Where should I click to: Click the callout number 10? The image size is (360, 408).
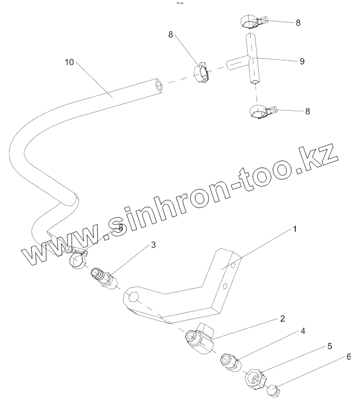(69, 62)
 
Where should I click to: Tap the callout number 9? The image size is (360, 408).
(302, 61)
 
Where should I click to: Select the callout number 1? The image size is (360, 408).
(295, 229)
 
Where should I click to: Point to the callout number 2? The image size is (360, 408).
(283, 318)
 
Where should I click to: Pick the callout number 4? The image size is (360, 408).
(303, 331)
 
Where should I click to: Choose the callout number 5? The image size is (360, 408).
(329, 346)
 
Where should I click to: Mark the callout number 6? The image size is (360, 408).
(348, 357)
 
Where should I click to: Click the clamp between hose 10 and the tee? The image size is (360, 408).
(202, 74)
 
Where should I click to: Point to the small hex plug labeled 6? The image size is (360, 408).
(274, 392)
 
